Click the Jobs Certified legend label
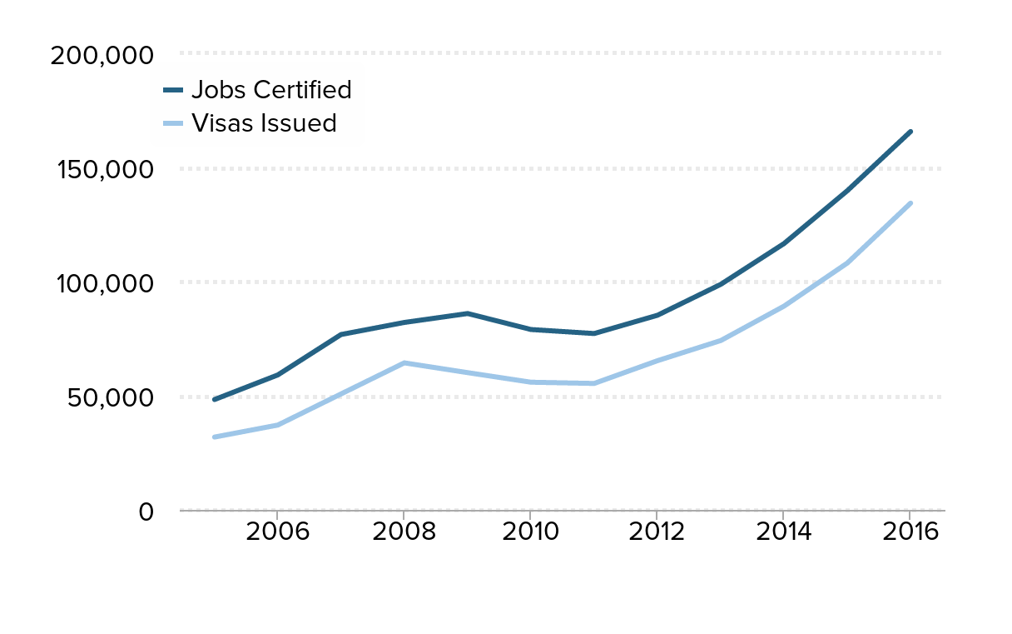271,89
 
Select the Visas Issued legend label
264,123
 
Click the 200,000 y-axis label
102,55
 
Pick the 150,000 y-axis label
104,169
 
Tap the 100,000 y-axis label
104,283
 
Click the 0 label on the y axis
146,511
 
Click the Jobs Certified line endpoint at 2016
910,132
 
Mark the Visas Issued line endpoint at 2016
910,202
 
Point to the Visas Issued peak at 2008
404,362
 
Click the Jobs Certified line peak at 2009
468,313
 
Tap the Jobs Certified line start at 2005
214,400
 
